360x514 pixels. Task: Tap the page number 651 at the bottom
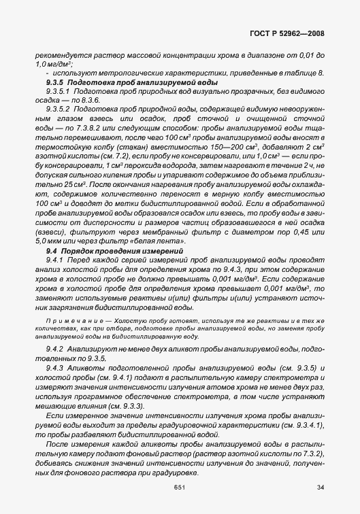(180, 486)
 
